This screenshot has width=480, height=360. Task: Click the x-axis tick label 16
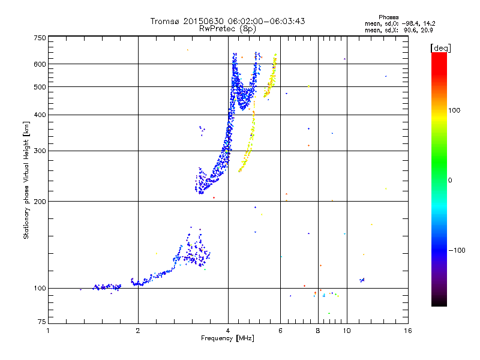click(407, 330)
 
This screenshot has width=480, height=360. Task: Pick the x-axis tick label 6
click(280, 330)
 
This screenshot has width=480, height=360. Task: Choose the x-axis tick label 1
click(49, 330)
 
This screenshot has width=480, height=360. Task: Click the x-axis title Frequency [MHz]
click(227, 339)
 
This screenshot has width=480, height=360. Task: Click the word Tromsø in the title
click(165, 21)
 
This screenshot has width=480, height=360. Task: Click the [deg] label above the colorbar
click(441, 47)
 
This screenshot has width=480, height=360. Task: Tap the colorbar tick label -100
click(459, 250)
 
